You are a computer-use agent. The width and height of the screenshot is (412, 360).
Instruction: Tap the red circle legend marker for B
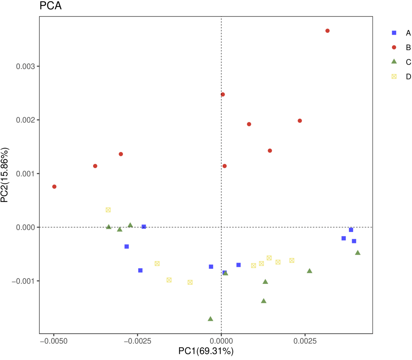[394, 47]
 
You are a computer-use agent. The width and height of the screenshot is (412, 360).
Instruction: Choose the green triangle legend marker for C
[394, 62]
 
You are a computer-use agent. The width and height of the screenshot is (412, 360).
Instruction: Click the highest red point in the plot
[327, 31]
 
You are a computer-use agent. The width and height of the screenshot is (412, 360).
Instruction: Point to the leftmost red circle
[54, 186]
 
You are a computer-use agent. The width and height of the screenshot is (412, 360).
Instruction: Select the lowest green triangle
[210, 319]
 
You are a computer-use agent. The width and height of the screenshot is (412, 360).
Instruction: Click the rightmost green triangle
[358, 253]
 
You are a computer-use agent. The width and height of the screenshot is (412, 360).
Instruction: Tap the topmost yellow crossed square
[108, 210]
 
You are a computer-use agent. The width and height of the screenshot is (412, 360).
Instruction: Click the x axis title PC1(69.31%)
[206, 351]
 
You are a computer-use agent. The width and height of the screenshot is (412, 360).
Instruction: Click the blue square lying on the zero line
[144, 227]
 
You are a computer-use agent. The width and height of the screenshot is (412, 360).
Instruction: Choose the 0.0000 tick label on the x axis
[221, 341]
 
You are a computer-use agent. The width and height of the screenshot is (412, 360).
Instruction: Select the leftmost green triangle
[109, 227]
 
